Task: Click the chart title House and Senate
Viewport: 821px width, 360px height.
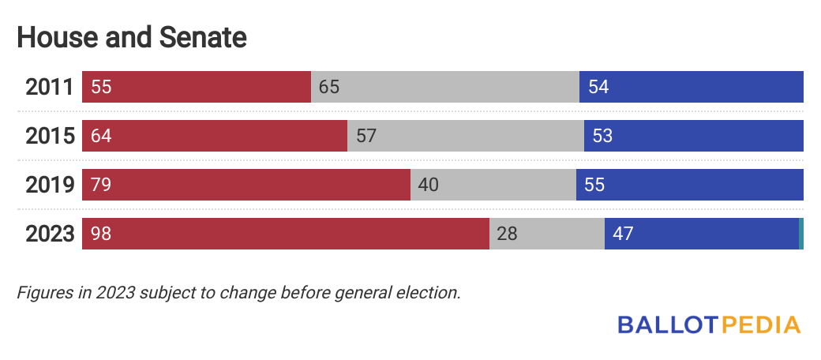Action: click(x=132, y=37)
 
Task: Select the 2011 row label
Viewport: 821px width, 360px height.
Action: click(x=49, y=88)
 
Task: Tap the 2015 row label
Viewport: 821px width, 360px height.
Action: click(x=49, y=137)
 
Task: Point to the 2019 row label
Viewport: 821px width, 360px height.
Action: click(x=49, y=186)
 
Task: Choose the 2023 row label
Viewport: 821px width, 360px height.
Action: click(x=49, y=234)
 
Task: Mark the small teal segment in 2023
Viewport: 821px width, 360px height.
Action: click(x=801, y=234)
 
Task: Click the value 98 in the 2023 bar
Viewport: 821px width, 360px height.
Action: click(x=101, y=234)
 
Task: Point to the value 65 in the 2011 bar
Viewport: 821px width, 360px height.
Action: click(x=328, y=88)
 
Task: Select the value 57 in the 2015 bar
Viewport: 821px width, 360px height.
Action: click(x=366, y=137)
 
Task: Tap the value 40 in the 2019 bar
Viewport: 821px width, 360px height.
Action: click(x=428, y=186)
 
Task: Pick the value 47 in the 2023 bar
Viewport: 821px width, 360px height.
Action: click(x=623, y=234)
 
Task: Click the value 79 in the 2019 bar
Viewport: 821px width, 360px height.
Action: click(x=101, y=186)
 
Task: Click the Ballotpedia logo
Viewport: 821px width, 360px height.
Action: click(x=708, y=324)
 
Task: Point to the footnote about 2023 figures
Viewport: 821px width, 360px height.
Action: click(x=238, y=292)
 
